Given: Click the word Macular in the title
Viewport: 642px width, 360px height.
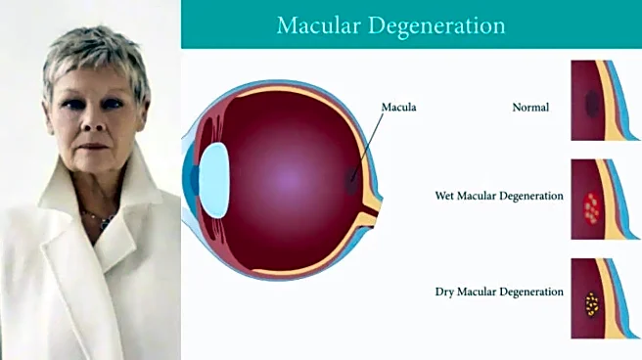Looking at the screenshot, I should [320, 23].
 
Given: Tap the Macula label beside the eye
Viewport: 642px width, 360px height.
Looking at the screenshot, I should [399, 107].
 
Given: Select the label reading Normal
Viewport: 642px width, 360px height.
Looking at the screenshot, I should [530, 107].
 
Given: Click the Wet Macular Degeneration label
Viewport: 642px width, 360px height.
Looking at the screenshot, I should [499, 196].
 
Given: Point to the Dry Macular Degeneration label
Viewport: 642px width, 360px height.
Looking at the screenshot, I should [499, 292].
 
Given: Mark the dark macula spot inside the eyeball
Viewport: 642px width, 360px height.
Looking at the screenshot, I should [353, 180].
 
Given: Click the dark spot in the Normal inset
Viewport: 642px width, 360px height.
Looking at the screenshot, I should [591, 103].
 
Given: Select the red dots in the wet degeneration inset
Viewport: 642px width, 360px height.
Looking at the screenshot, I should [591, 205].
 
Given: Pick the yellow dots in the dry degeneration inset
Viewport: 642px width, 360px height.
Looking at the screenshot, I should [591, 304].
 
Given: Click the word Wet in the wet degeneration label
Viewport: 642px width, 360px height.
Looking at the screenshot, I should [444, 196].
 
